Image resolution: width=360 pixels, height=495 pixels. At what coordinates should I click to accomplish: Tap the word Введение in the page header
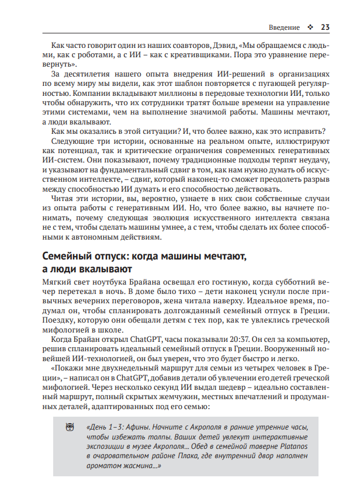tap(284, 27)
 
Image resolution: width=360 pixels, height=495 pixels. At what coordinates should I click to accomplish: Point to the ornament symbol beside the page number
tap(310, 27)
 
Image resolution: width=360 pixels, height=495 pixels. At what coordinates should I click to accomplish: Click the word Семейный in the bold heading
tap(68, 256)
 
